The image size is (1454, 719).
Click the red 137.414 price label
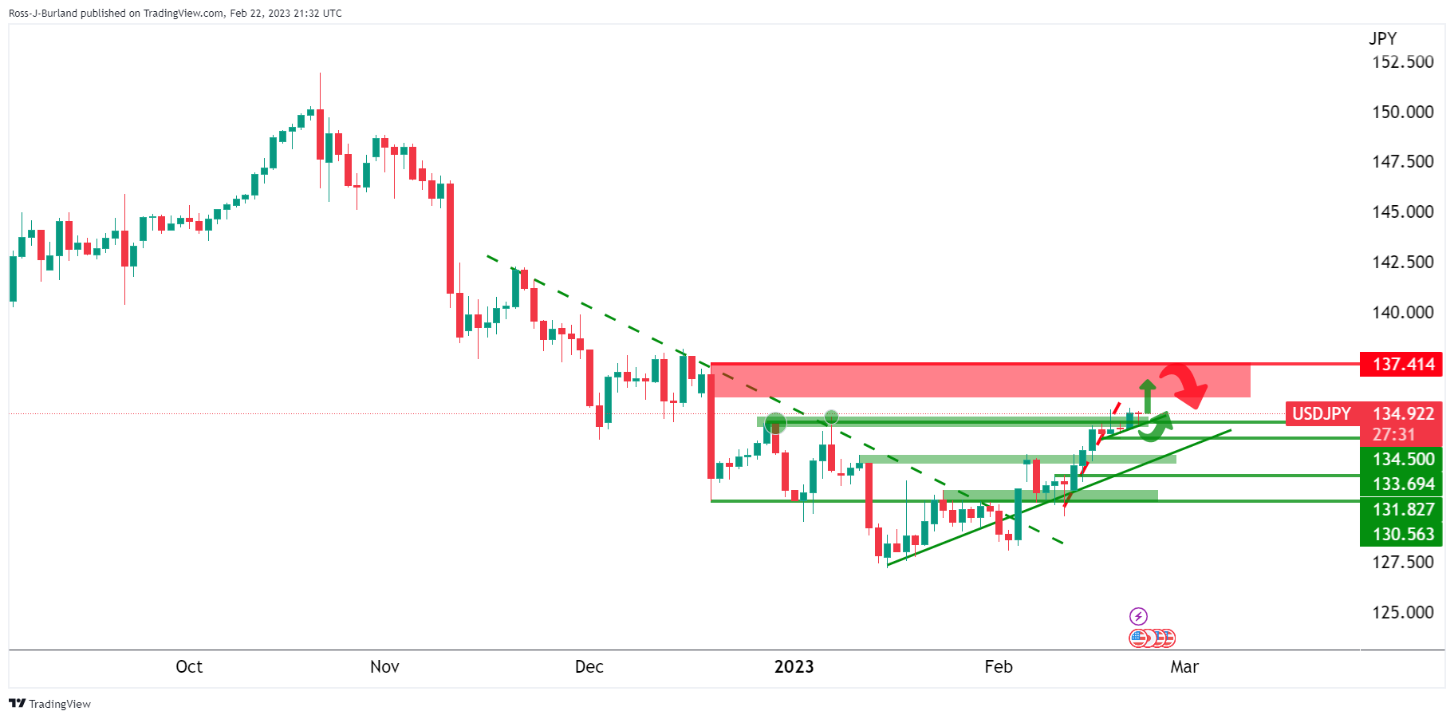point(1401,365)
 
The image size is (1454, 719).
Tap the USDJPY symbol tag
point(1321,414)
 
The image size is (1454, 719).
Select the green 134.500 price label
point(1401,460)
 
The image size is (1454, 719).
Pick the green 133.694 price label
point(1401,484)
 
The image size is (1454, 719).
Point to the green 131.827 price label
point(1401,510)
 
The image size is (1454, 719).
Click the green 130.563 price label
point(1401,535)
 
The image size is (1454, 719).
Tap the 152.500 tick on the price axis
point(1402,62)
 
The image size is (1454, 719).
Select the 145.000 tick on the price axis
point(1402,212)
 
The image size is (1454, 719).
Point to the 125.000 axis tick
point(1402,613)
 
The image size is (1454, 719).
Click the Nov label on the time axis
point(384,667)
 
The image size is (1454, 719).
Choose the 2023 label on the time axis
point(794,667)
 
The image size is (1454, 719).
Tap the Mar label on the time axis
point(1184,667)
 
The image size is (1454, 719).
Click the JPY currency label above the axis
point(1382,38)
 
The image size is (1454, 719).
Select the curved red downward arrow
point(1185,381)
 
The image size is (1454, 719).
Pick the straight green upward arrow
point(1147,395)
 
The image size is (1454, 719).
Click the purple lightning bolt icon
point(1138,616)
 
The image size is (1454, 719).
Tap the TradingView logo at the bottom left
point(49,704)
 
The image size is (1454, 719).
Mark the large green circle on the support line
point(775,423)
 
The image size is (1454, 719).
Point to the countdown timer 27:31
point(1393,435)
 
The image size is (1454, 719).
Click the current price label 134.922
point(1403,414)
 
